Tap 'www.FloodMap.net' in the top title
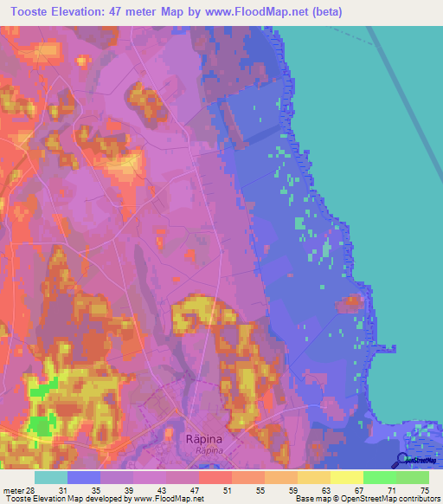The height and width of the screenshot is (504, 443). pyautogui.click(x=260, y=12)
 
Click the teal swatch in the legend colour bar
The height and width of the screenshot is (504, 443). pyautogui.click(x=51, y=477)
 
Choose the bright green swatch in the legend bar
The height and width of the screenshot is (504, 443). pyautogui.click(x=379, y=477)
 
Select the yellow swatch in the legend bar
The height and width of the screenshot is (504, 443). pyautogui.click(x=346, y=477)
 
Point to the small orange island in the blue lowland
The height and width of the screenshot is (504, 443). pyautogui.click(x=350, y=302)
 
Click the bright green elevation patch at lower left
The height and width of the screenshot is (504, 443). pyautogui.click(x=39, y=424)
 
